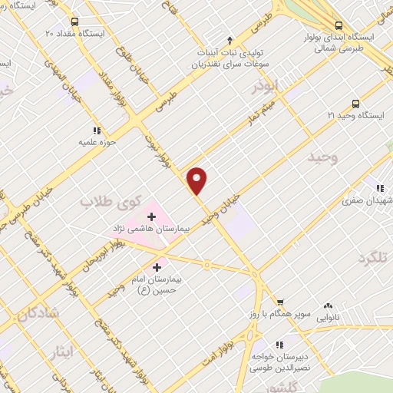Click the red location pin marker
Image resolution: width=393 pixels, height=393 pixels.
[x=197, y=180]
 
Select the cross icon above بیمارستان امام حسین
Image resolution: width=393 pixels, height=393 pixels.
[x=157, y=268]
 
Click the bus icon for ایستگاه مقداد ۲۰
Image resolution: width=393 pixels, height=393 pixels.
[x=74, y=22]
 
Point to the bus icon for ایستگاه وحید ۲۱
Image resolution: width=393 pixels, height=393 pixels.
[x=355, y=103]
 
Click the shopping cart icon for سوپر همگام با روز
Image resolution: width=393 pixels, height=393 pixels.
[x=281, y=303]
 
